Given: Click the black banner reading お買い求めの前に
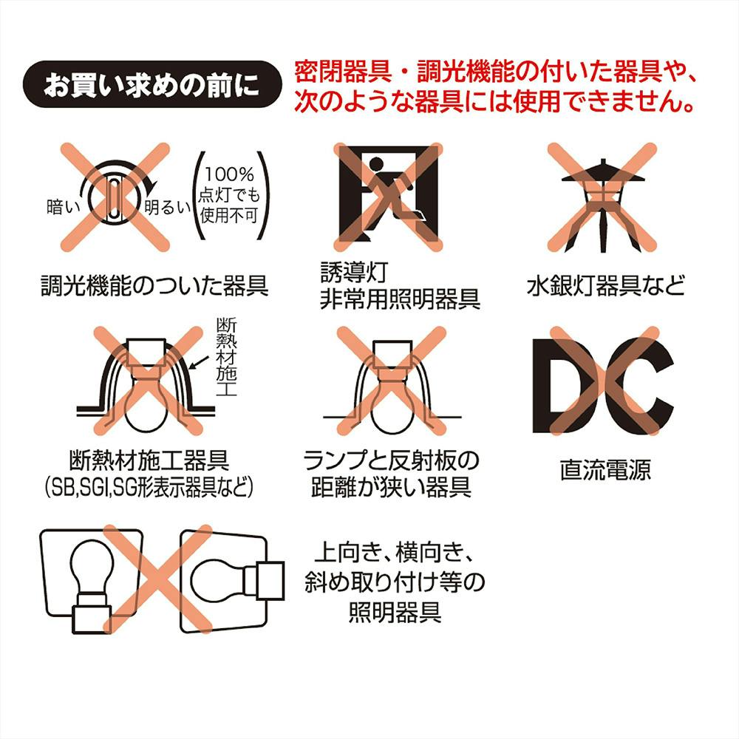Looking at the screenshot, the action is [151, 84].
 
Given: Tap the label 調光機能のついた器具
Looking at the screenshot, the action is [154, 285].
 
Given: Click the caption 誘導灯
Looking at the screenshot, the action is [354, 273].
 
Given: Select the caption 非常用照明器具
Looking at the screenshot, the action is [400, 299].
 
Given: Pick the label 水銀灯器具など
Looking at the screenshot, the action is [606, 285].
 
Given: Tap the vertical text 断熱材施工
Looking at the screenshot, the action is [226, 357].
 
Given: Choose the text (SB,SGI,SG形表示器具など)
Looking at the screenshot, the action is [149, 487].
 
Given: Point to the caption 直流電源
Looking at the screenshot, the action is [605, 470].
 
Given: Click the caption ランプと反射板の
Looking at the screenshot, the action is [391, 460].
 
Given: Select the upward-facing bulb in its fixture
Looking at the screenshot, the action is [91, 581].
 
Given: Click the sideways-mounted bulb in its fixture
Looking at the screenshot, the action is [232, 581].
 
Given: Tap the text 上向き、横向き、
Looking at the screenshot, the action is [394, 553].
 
